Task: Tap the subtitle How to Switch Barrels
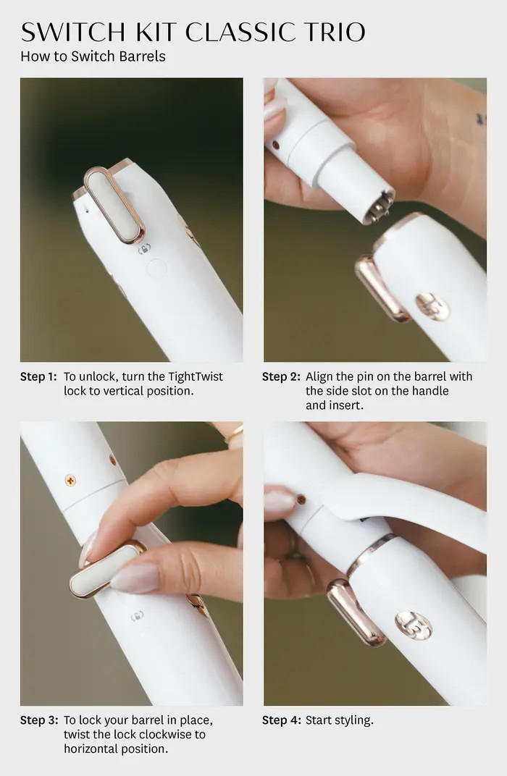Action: click(93, 56)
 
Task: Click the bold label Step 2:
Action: click(281, 376)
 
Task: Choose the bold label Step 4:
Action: click(281, 720)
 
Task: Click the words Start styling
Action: click(340, 720)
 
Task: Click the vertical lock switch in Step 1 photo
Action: click(114, 203)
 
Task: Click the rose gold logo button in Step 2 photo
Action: click(432, 306)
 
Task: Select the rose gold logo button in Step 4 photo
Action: click(413, 625)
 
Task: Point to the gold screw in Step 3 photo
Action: click(70, 480)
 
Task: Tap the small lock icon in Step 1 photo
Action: click(143, 249)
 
